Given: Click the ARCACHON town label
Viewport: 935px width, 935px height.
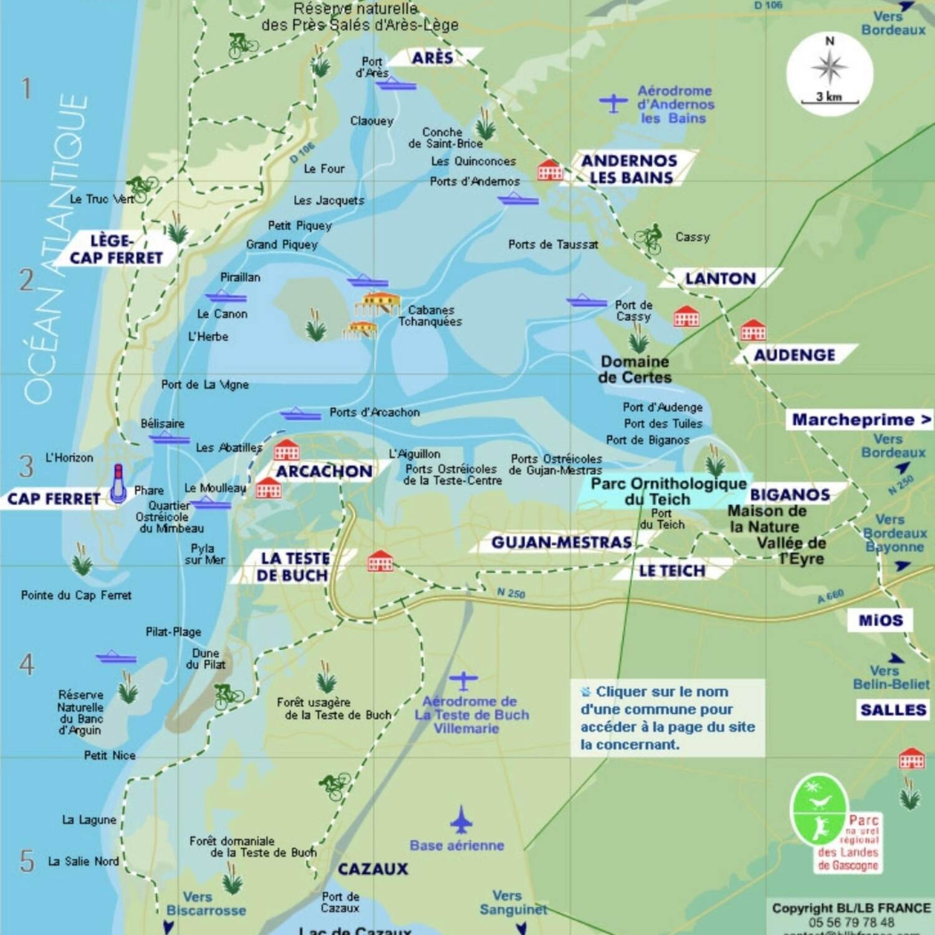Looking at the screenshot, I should pos(324,471).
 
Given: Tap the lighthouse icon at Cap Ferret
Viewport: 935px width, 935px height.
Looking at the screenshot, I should pos(118,483).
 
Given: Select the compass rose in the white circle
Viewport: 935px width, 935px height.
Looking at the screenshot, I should pos(830,67).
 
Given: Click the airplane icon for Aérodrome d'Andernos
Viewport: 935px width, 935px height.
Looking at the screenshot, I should pos(613,103).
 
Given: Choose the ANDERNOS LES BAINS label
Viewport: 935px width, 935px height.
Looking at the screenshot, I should pos(629,169).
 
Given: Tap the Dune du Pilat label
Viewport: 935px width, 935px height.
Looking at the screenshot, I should pos(205,659).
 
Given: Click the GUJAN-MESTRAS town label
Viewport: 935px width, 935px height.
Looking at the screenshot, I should pos(561,543).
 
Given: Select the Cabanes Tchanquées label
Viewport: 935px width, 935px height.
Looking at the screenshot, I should pos(430,316).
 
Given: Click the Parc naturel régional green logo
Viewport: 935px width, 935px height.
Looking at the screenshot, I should pos(819,810).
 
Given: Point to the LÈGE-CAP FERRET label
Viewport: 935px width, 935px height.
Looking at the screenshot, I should pos(116,249).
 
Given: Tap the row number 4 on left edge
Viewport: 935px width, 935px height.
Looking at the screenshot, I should pos(27,664).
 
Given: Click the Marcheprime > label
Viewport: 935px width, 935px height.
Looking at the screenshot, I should pos(861,420).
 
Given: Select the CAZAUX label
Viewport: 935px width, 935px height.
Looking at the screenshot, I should pos(373,869).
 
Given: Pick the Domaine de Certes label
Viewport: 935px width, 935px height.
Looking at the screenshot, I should pos(635,370).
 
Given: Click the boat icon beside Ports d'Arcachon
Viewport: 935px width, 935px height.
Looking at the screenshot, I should pos(300,414).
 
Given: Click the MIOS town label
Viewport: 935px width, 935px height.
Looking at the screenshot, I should pos(880,620).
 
